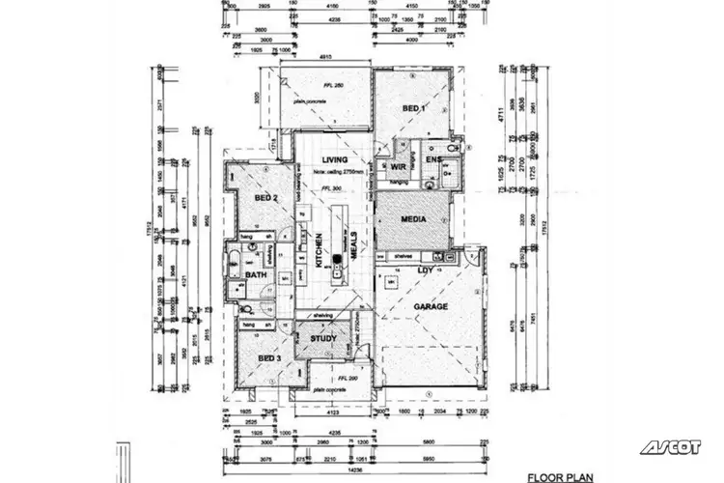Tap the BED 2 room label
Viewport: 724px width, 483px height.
pyautogui.click(x=266, y=198)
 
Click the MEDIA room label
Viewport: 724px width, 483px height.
pyautogui.click(x=412, y=219)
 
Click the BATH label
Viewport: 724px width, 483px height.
pyautogui.click(x=256, y=275)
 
